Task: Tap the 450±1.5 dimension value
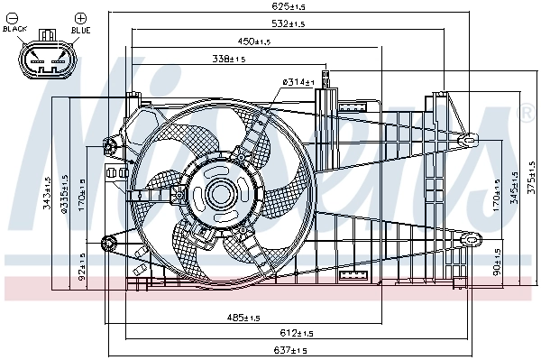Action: [254, 42]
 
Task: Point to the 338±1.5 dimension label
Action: [229, 60]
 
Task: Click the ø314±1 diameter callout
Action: [298, 82]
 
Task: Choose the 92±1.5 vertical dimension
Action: [82, 268]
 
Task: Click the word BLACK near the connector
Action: [15, 29]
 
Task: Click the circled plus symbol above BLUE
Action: [78, 17]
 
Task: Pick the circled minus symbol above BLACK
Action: [16, 17]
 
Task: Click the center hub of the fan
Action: [220, 193]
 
